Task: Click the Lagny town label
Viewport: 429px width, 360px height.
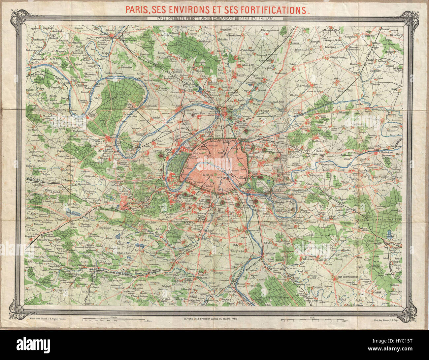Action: pyautogui.click(x=367, y=153)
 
